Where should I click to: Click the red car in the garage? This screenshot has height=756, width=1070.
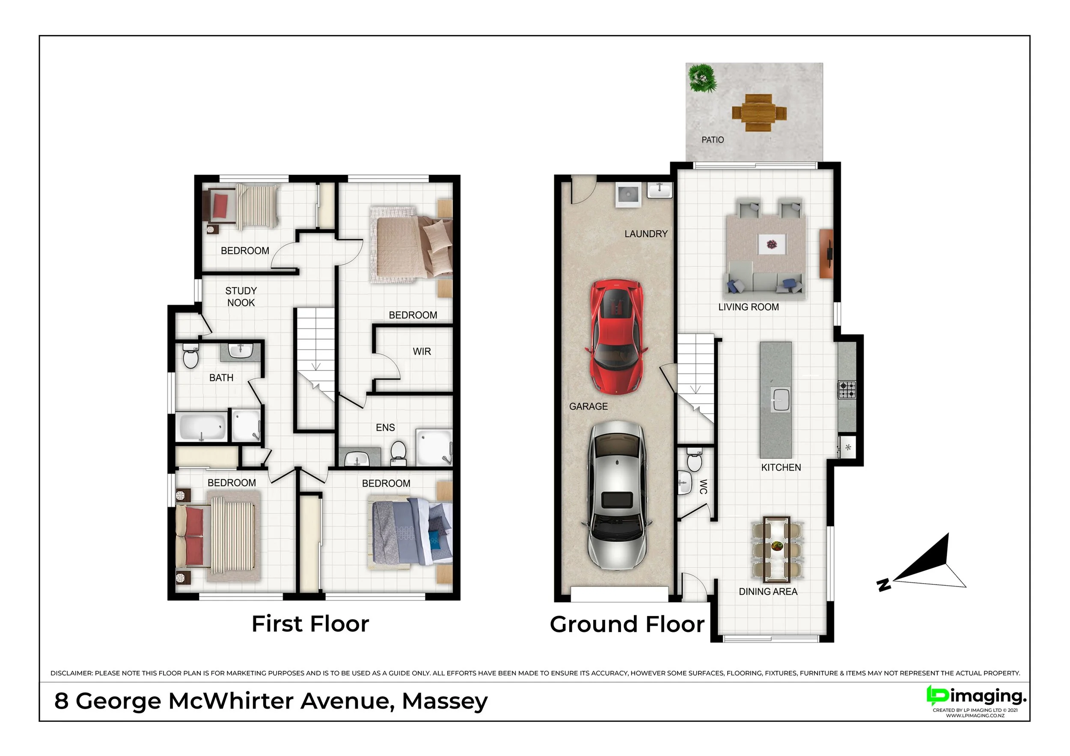coord(617,337)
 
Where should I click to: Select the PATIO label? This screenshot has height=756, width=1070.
coord(713,140)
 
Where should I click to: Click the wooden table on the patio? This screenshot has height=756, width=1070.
coord(759,113)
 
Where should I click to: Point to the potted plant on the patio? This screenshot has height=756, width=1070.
coord(702,79)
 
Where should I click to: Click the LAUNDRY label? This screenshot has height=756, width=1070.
coord(646,234)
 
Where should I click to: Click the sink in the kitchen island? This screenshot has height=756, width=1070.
coord(781,400)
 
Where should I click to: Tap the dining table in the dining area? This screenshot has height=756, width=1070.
coord(777,550)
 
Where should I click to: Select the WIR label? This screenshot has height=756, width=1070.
coord(421,352)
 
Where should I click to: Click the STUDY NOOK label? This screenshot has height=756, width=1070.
coord(241,297)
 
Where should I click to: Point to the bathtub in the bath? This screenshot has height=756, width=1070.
coord(202,426)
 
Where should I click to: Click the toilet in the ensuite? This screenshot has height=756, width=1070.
coord(398,453)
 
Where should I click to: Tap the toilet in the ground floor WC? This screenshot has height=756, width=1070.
coord(694,460)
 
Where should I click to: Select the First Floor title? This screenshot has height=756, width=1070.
coord(310,624)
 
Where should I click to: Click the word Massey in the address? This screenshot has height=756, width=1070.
coord(445,701)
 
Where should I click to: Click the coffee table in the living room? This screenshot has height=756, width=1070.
coord(772,244)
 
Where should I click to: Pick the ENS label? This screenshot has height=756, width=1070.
coord(385,427)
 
